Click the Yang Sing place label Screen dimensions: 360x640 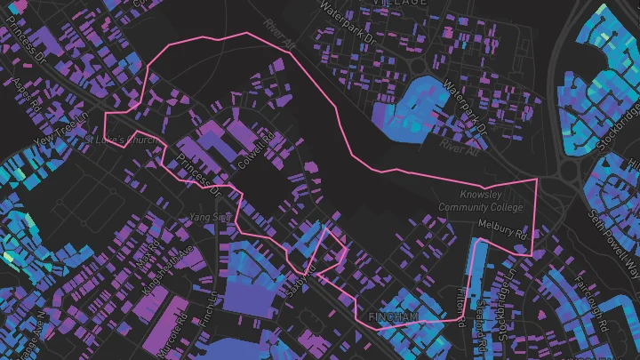click(x=211, y=216)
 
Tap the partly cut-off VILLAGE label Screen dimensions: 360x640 click(x=399, y=4)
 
